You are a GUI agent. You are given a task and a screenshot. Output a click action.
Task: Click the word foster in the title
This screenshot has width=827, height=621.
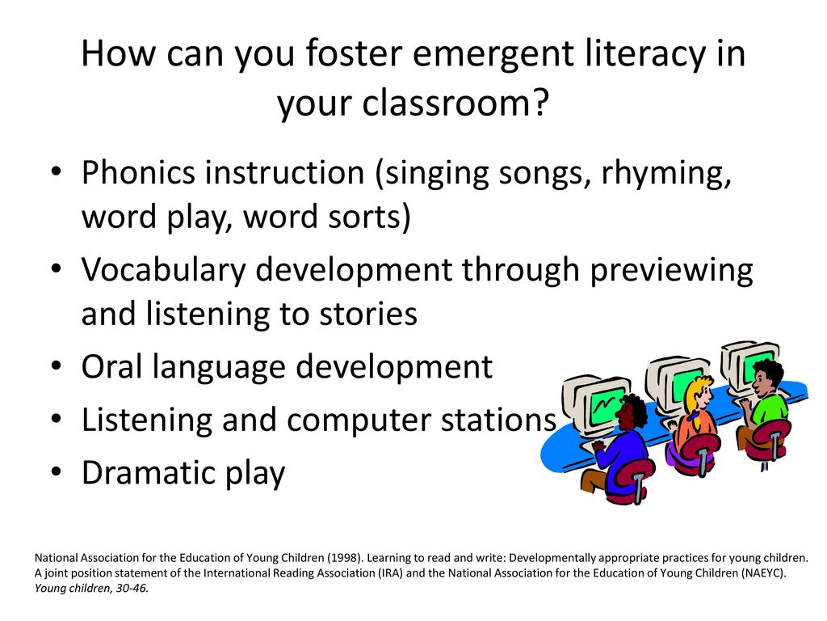click(354, 53)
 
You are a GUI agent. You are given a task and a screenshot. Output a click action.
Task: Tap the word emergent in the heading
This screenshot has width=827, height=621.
click(493, 54)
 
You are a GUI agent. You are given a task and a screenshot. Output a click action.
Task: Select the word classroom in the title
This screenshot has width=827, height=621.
click(446, 103)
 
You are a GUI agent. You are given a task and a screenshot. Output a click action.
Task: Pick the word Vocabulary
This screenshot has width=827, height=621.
click(163, 270)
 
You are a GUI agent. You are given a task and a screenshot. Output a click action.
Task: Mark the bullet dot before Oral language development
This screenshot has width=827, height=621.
click(57, 365)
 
